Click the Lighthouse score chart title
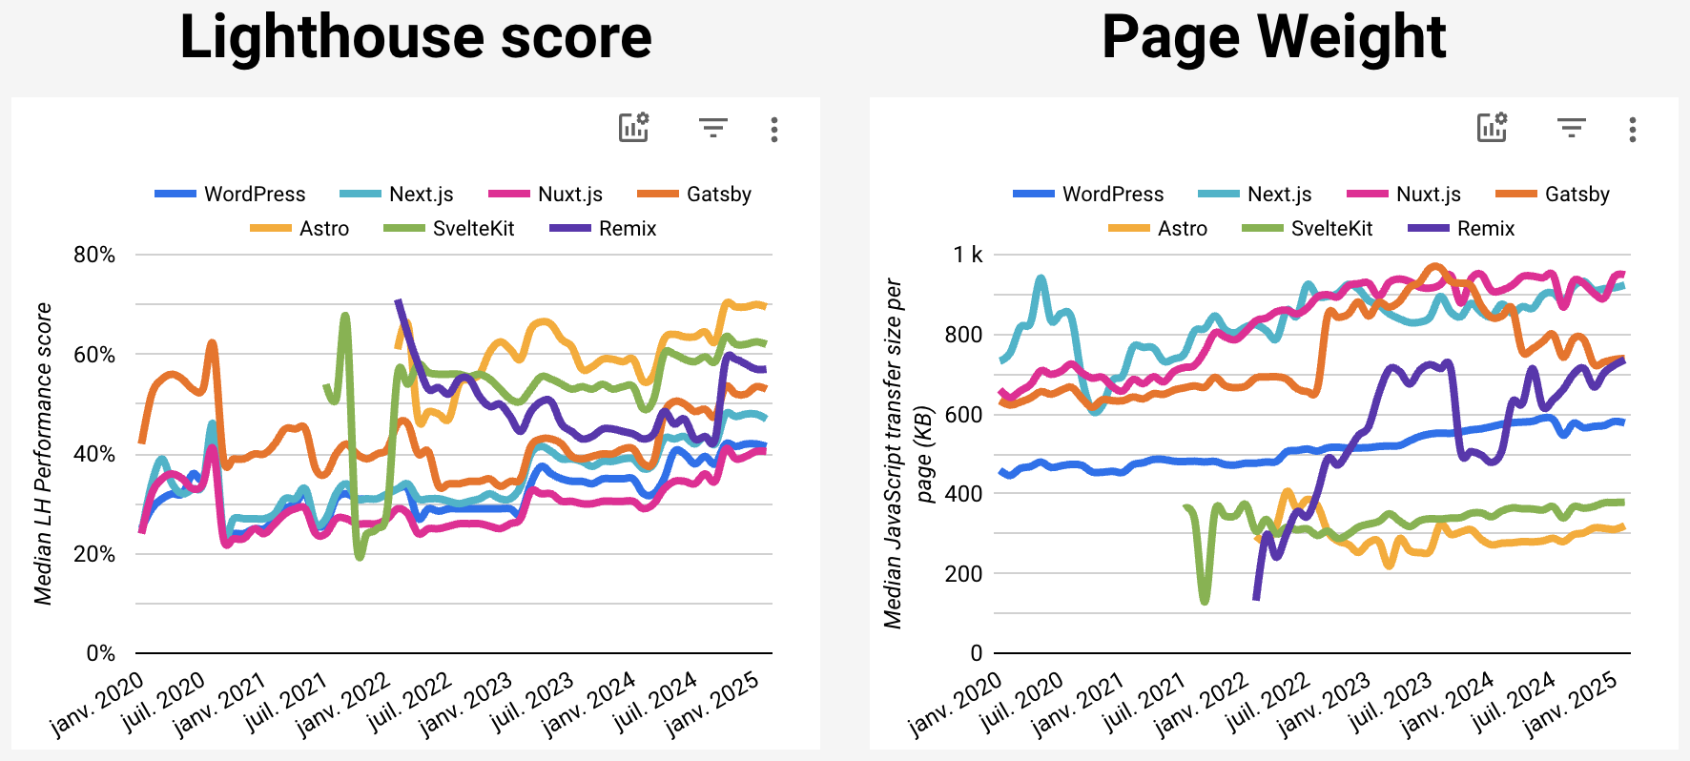(416, 38)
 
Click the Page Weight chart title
(1273, 38)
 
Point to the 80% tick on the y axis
(94, 255)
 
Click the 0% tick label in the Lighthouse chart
(100, 653)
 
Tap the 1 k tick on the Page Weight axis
(967, 255)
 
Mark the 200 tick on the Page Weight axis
(963, 573)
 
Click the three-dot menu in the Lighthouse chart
(774, 130)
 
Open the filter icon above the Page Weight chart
(1571, 128)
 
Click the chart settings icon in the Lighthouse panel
(634, 128)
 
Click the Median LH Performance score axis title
(43, 453)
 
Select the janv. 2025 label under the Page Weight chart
(1571, 704)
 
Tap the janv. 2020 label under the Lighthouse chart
(96, 704)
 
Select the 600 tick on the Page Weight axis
(963, 414)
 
